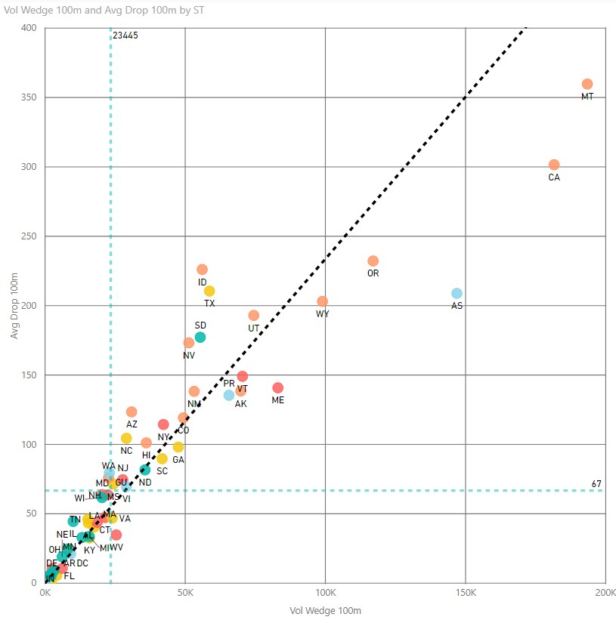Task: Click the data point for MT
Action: [587, 84]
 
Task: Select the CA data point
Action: [554, 165]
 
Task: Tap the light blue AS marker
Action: [457, 293]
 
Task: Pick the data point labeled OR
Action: [373, 261]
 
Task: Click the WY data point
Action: [323, 301]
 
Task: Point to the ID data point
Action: [202, 270]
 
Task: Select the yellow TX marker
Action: [209, 291]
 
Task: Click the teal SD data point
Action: [200, 337]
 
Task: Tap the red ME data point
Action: [277, 387]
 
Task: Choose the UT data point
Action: [254, 315]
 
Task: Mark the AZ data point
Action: [132, 412]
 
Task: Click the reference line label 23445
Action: [125, 35]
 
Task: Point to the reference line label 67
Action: [596, 483]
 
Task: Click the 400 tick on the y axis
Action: [29, 28]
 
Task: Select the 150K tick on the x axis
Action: [465, 594]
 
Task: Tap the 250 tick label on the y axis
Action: [29, 236]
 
